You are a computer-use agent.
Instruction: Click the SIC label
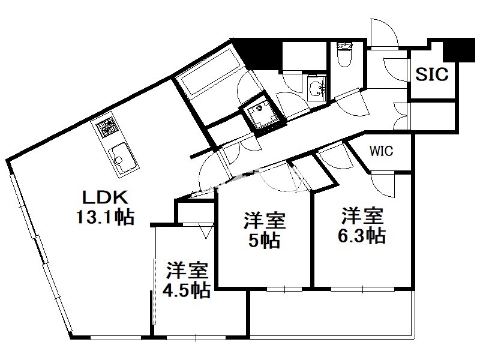(431, 74)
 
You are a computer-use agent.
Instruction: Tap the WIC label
(381, 151)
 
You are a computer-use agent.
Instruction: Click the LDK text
(106, 197)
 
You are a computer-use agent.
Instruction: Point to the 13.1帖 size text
(105, 217)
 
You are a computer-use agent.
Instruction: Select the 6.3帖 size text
(362, 236)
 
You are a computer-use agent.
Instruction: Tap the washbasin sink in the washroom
(317, 88)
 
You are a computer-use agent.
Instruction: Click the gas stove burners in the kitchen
(107, 128)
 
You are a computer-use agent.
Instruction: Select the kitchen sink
(122, 158)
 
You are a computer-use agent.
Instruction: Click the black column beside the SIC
(459, 49)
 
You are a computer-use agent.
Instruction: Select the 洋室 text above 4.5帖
(187, 271)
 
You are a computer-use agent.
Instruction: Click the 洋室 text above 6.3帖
(362, 216)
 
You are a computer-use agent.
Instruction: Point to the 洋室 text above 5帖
(265, 220)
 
